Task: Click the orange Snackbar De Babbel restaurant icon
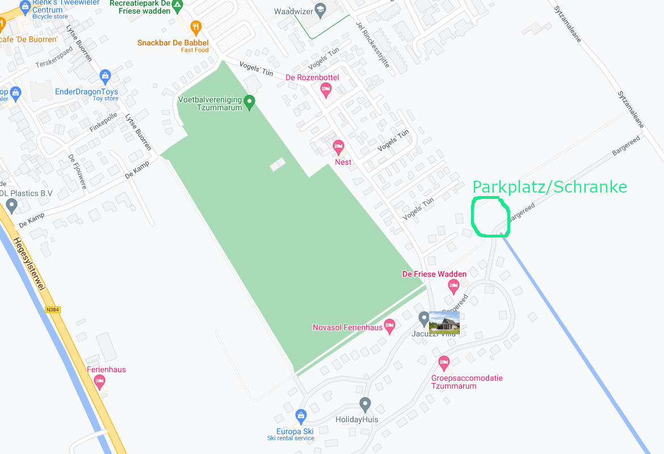(196, 27)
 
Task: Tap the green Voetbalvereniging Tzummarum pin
(249, 103)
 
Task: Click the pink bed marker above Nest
(339, 148)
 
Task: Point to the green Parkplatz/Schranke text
(549, 187)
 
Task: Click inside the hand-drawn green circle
(490, 216)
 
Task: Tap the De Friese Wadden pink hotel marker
(453, 287)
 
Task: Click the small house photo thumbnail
(444, 322)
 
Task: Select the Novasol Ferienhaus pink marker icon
(389, 326)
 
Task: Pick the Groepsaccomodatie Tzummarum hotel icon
(444, 362)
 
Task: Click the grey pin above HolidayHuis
(365, 405)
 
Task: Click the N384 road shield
(52, 310)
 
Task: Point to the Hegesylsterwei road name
(28, 264)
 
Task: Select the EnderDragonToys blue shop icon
(105, 76)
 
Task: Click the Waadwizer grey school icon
(320, 10)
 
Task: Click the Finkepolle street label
(103, 122)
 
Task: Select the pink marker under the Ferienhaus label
(100, 382)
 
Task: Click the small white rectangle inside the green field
(278, 164)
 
